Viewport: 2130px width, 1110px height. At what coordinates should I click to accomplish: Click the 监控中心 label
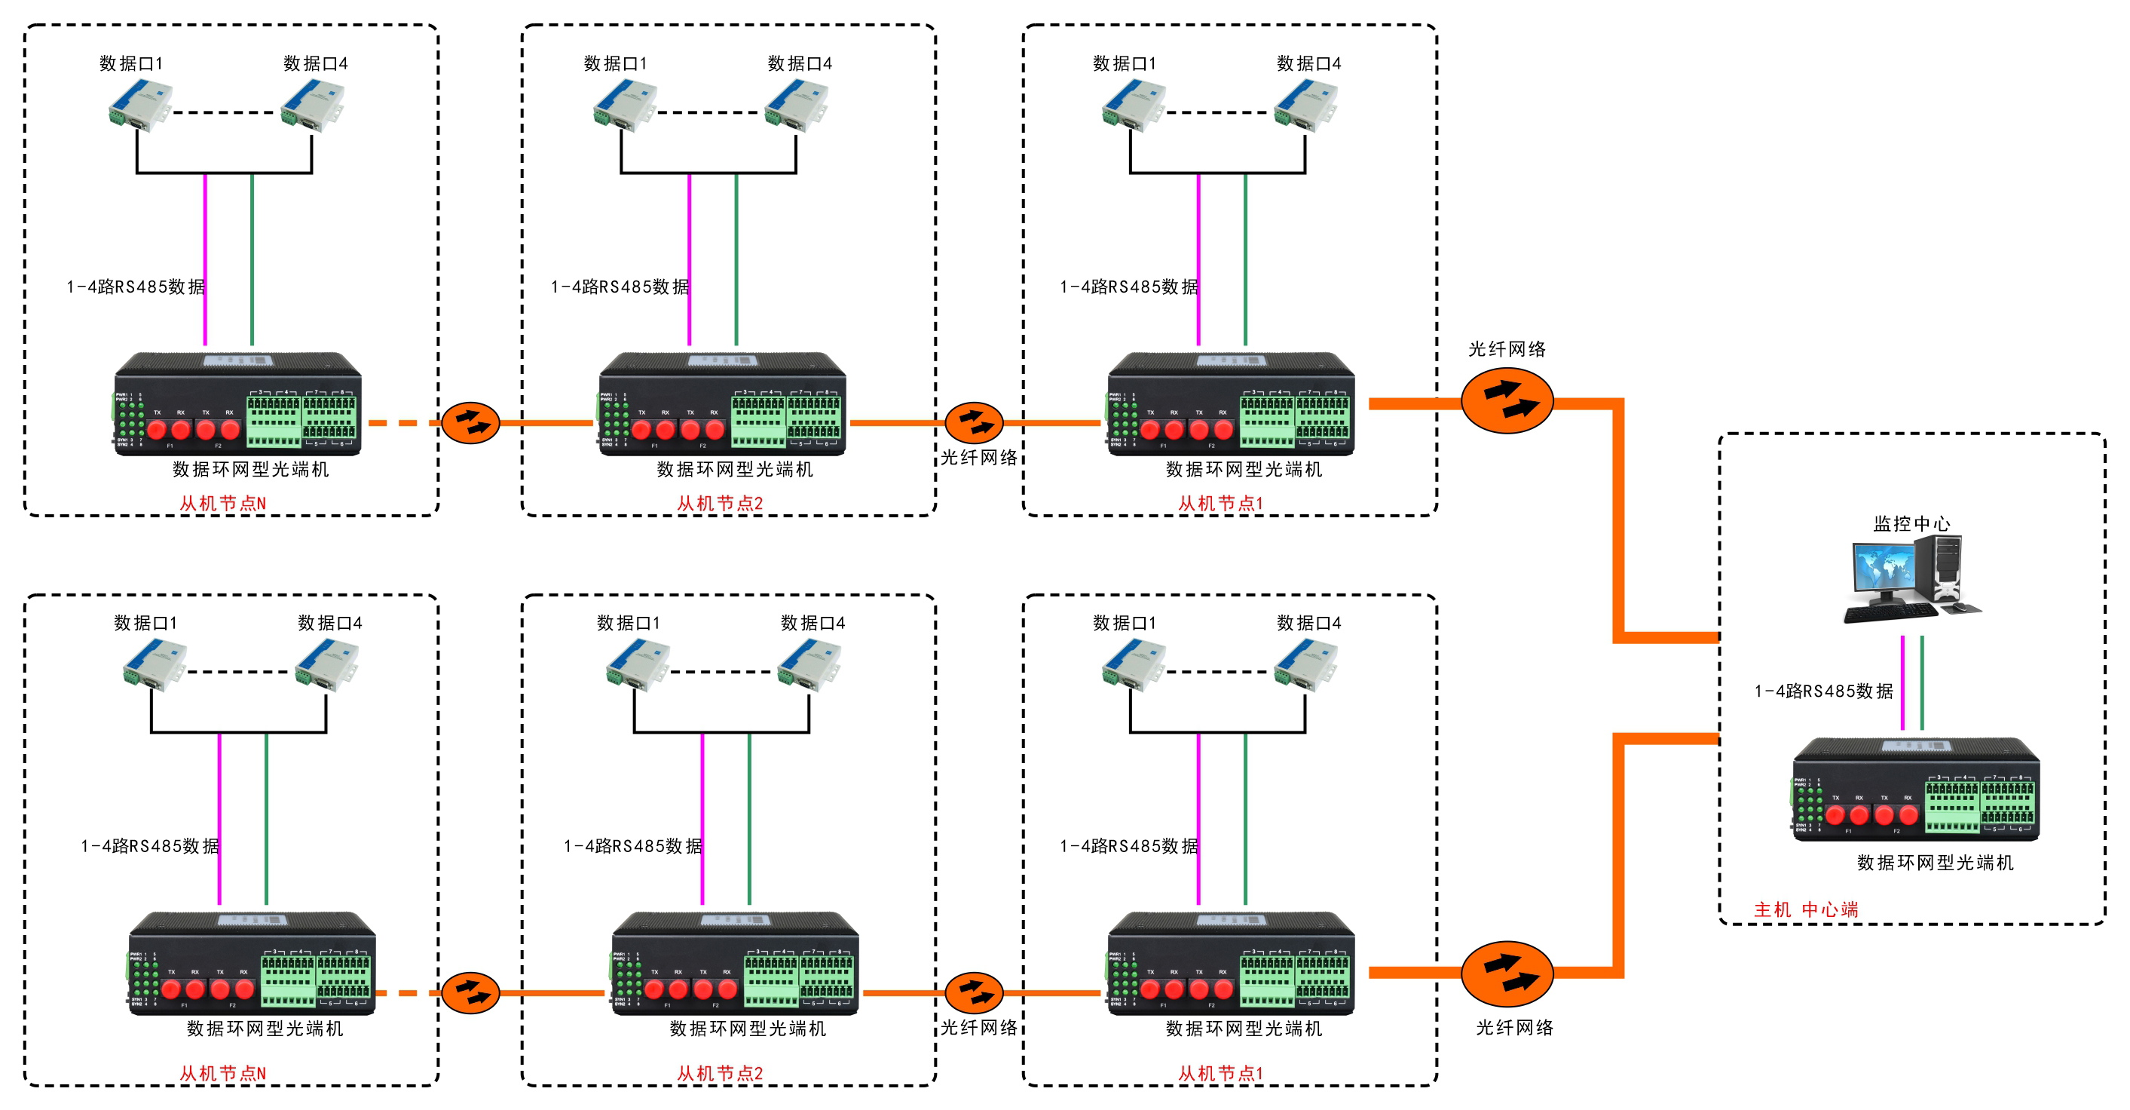[1911, 523]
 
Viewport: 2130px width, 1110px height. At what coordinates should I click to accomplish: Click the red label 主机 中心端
[1806, 910]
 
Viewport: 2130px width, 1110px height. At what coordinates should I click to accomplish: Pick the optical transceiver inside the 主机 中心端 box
[1915, 790]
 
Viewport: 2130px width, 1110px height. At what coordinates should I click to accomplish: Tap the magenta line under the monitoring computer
[1902, 682]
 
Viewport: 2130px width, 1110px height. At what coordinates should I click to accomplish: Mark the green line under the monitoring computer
[1922, 682]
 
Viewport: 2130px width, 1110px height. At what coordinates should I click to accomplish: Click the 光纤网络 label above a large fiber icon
[1507, 349]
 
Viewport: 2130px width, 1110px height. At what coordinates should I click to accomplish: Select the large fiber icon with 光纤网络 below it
[1507, 974]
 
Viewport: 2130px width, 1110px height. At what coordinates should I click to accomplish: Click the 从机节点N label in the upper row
[223, 503]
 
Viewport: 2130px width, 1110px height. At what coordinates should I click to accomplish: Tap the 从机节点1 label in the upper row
[1220, 503]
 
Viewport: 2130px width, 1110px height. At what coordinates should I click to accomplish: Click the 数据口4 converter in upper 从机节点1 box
[1305, 106]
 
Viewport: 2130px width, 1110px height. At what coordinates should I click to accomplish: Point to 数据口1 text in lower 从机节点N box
[145, 623]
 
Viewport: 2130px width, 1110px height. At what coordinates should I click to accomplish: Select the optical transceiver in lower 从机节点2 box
[735, 964]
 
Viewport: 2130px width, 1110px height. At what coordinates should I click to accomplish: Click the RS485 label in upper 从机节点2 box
[620, 287]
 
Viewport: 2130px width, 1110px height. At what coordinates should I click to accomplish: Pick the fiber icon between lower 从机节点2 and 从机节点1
[973, 992]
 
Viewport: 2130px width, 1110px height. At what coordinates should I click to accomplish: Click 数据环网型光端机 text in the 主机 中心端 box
[1935, 863]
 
